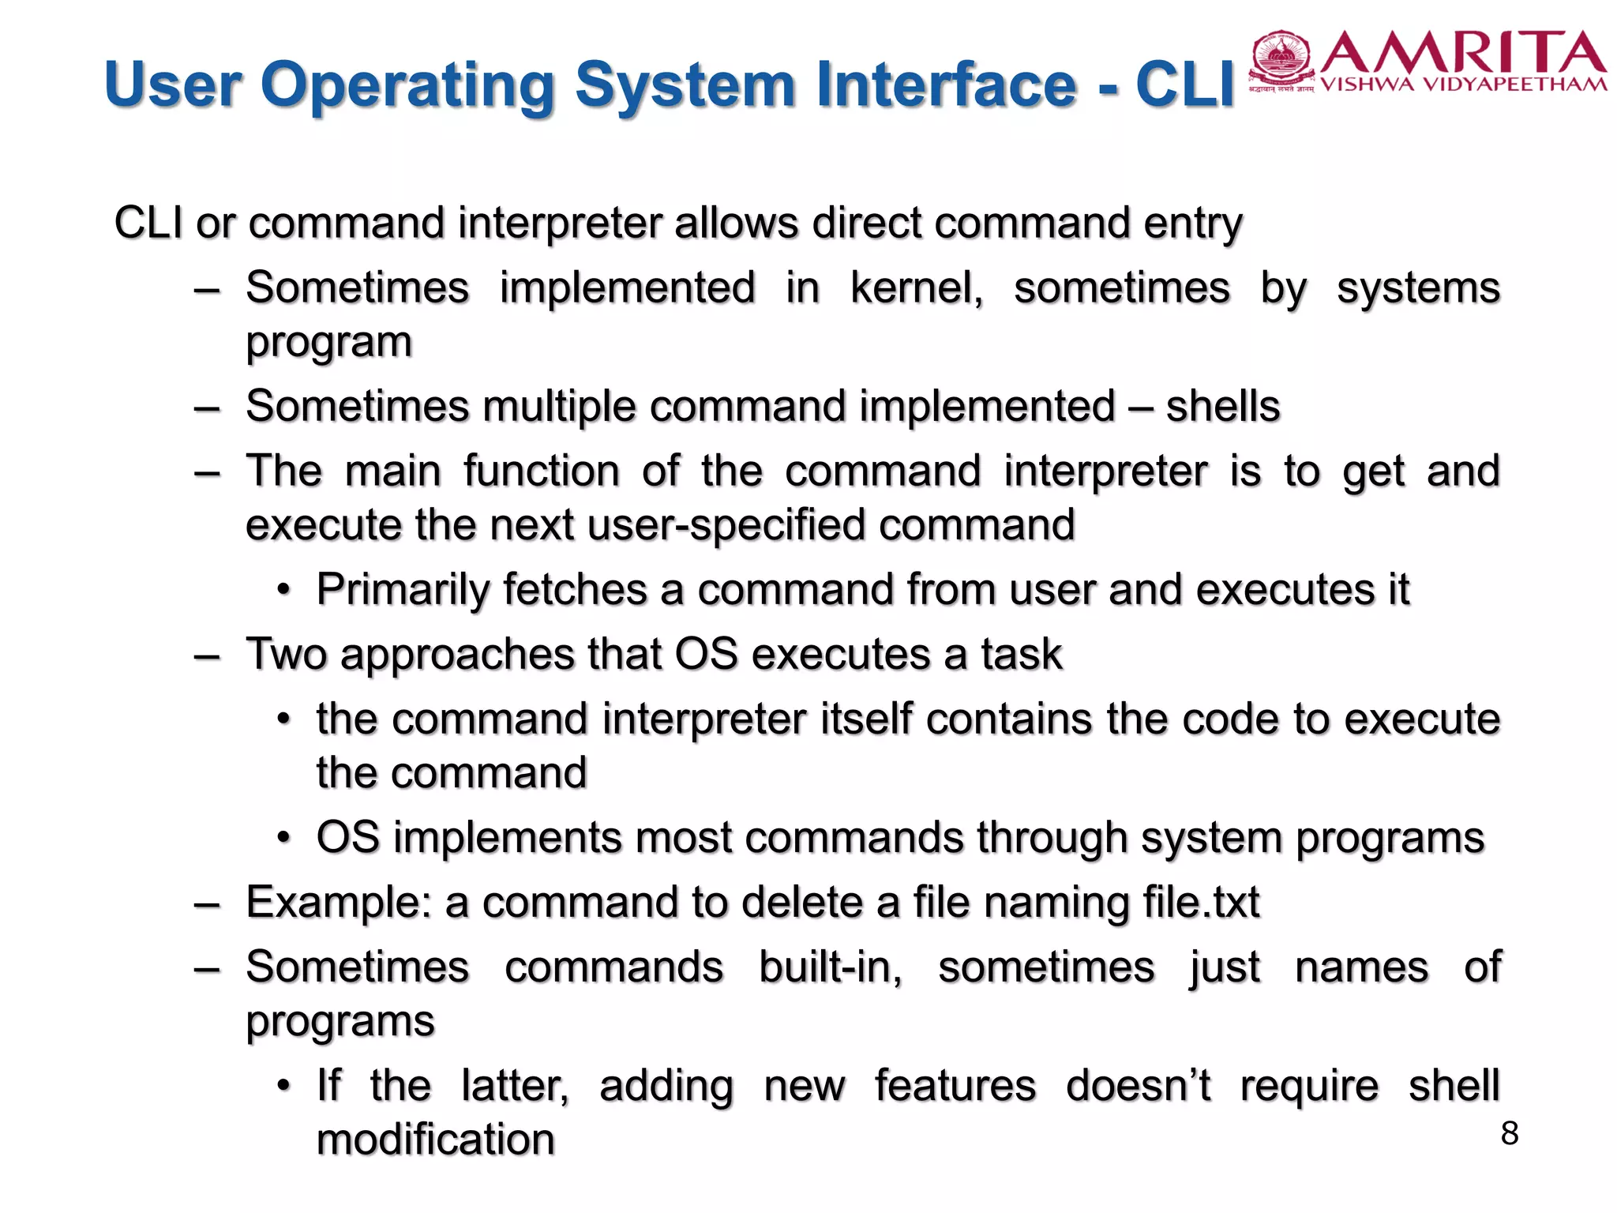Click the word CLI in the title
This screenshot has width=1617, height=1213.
[x=1184, y=84]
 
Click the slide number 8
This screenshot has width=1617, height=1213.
[x=1509, y=1133]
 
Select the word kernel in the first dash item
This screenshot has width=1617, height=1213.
[x=916, y=287]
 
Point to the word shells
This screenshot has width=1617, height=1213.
[x=1222, y=407]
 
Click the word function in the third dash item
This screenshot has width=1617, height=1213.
[x=541, y=471]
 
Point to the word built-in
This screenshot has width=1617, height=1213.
[x=830, y=967]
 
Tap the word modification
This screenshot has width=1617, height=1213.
[x=436, y=1140]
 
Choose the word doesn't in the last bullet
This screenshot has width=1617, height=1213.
[x=1138, y=1086]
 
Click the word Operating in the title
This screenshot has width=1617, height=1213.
[x=407, y=84]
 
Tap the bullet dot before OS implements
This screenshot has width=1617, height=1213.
[x=284, y=838]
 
